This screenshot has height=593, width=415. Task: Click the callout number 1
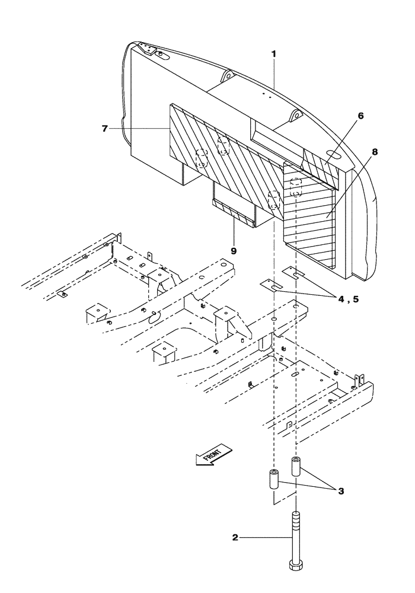(x=273, y=53)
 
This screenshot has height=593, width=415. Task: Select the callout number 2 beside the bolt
(x=235, y=538)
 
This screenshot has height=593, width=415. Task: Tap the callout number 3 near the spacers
(x=341, y=491)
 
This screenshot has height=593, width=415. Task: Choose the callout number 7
(x=104, y=128)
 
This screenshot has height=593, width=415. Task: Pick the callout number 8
(x=374, y=152)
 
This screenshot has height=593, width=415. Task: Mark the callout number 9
(x=234, y=251)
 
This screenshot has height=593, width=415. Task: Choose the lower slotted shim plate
(x=270, y=285)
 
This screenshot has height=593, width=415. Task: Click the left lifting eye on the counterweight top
(x=226, y=76)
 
